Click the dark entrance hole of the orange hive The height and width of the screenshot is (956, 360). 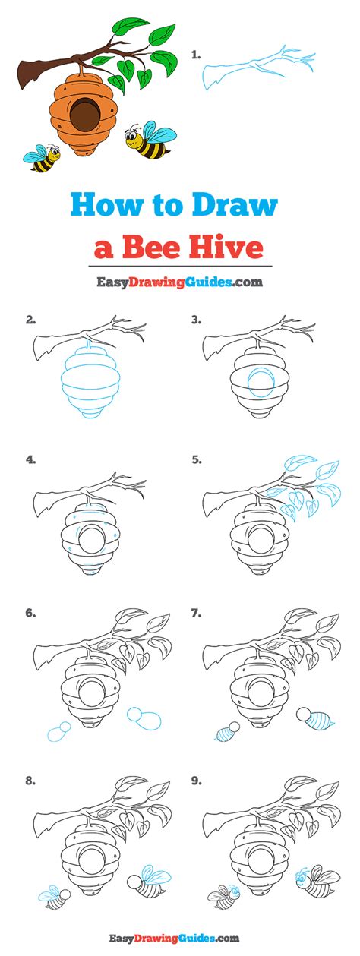[85, 116]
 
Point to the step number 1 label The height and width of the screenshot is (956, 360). [196, 55]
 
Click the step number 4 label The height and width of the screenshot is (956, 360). [30, 460]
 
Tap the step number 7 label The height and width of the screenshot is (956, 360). [197, 614]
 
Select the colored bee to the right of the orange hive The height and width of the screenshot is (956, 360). [150, 140]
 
